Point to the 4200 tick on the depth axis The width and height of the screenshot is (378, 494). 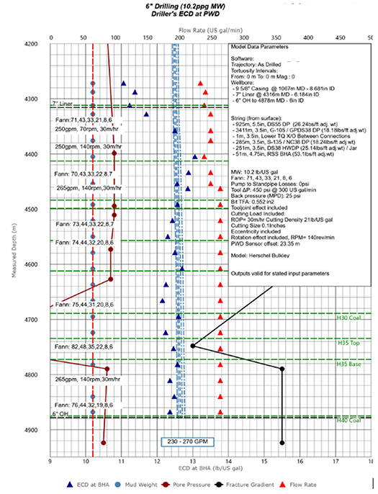35,44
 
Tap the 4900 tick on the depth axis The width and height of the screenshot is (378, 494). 35,431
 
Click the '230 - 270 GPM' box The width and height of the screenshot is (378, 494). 189,442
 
